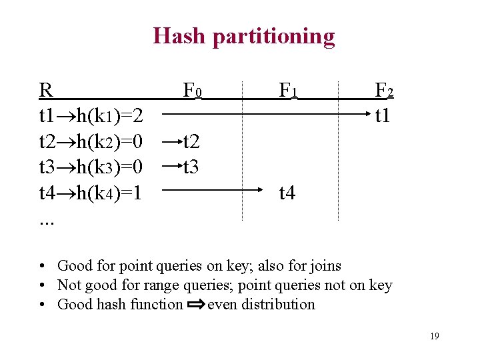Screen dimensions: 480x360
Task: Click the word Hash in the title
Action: coord(179,35)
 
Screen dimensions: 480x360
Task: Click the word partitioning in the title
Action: coord(273,37)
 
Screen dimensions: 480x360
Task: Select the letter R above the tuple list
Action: coord(45,89)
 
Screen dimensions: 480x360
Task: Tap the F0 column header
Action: coord(193,89)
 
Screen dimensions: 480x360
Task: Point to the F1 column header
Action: coord(288,89)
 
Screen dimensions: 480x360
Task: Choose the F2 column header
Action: coord(384,89)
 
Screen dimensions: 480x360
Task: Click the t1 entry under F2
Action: coord(383,116)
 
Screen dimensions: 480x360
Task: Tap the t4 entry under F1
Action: coord(287,193)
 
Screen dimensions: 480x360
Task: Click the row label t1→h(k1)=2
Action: coord(91,116)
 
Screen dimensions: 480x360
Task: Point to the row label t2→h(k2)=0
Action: coord(91,141)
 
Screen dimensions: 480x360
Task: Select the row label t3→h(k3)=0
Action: coord(91,167)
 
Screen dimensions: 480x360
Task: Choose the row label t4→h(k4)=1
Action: coord(91,193)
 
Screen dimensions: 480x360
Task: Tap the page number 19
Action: coord(434,336)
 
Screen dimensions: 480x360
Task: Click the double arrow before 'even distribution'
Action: coord(195,305)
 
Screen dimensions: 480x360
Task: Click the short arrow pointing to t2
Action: coord(172,141)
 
